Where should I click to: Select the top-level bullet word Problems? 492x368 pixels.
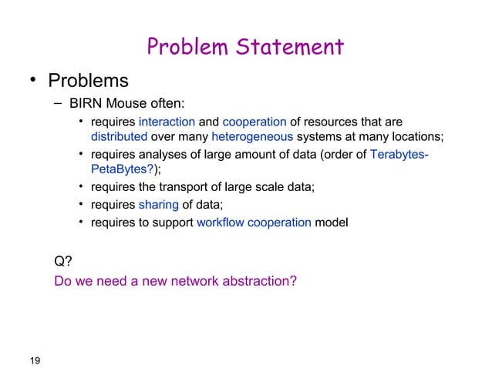(88, 80)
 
